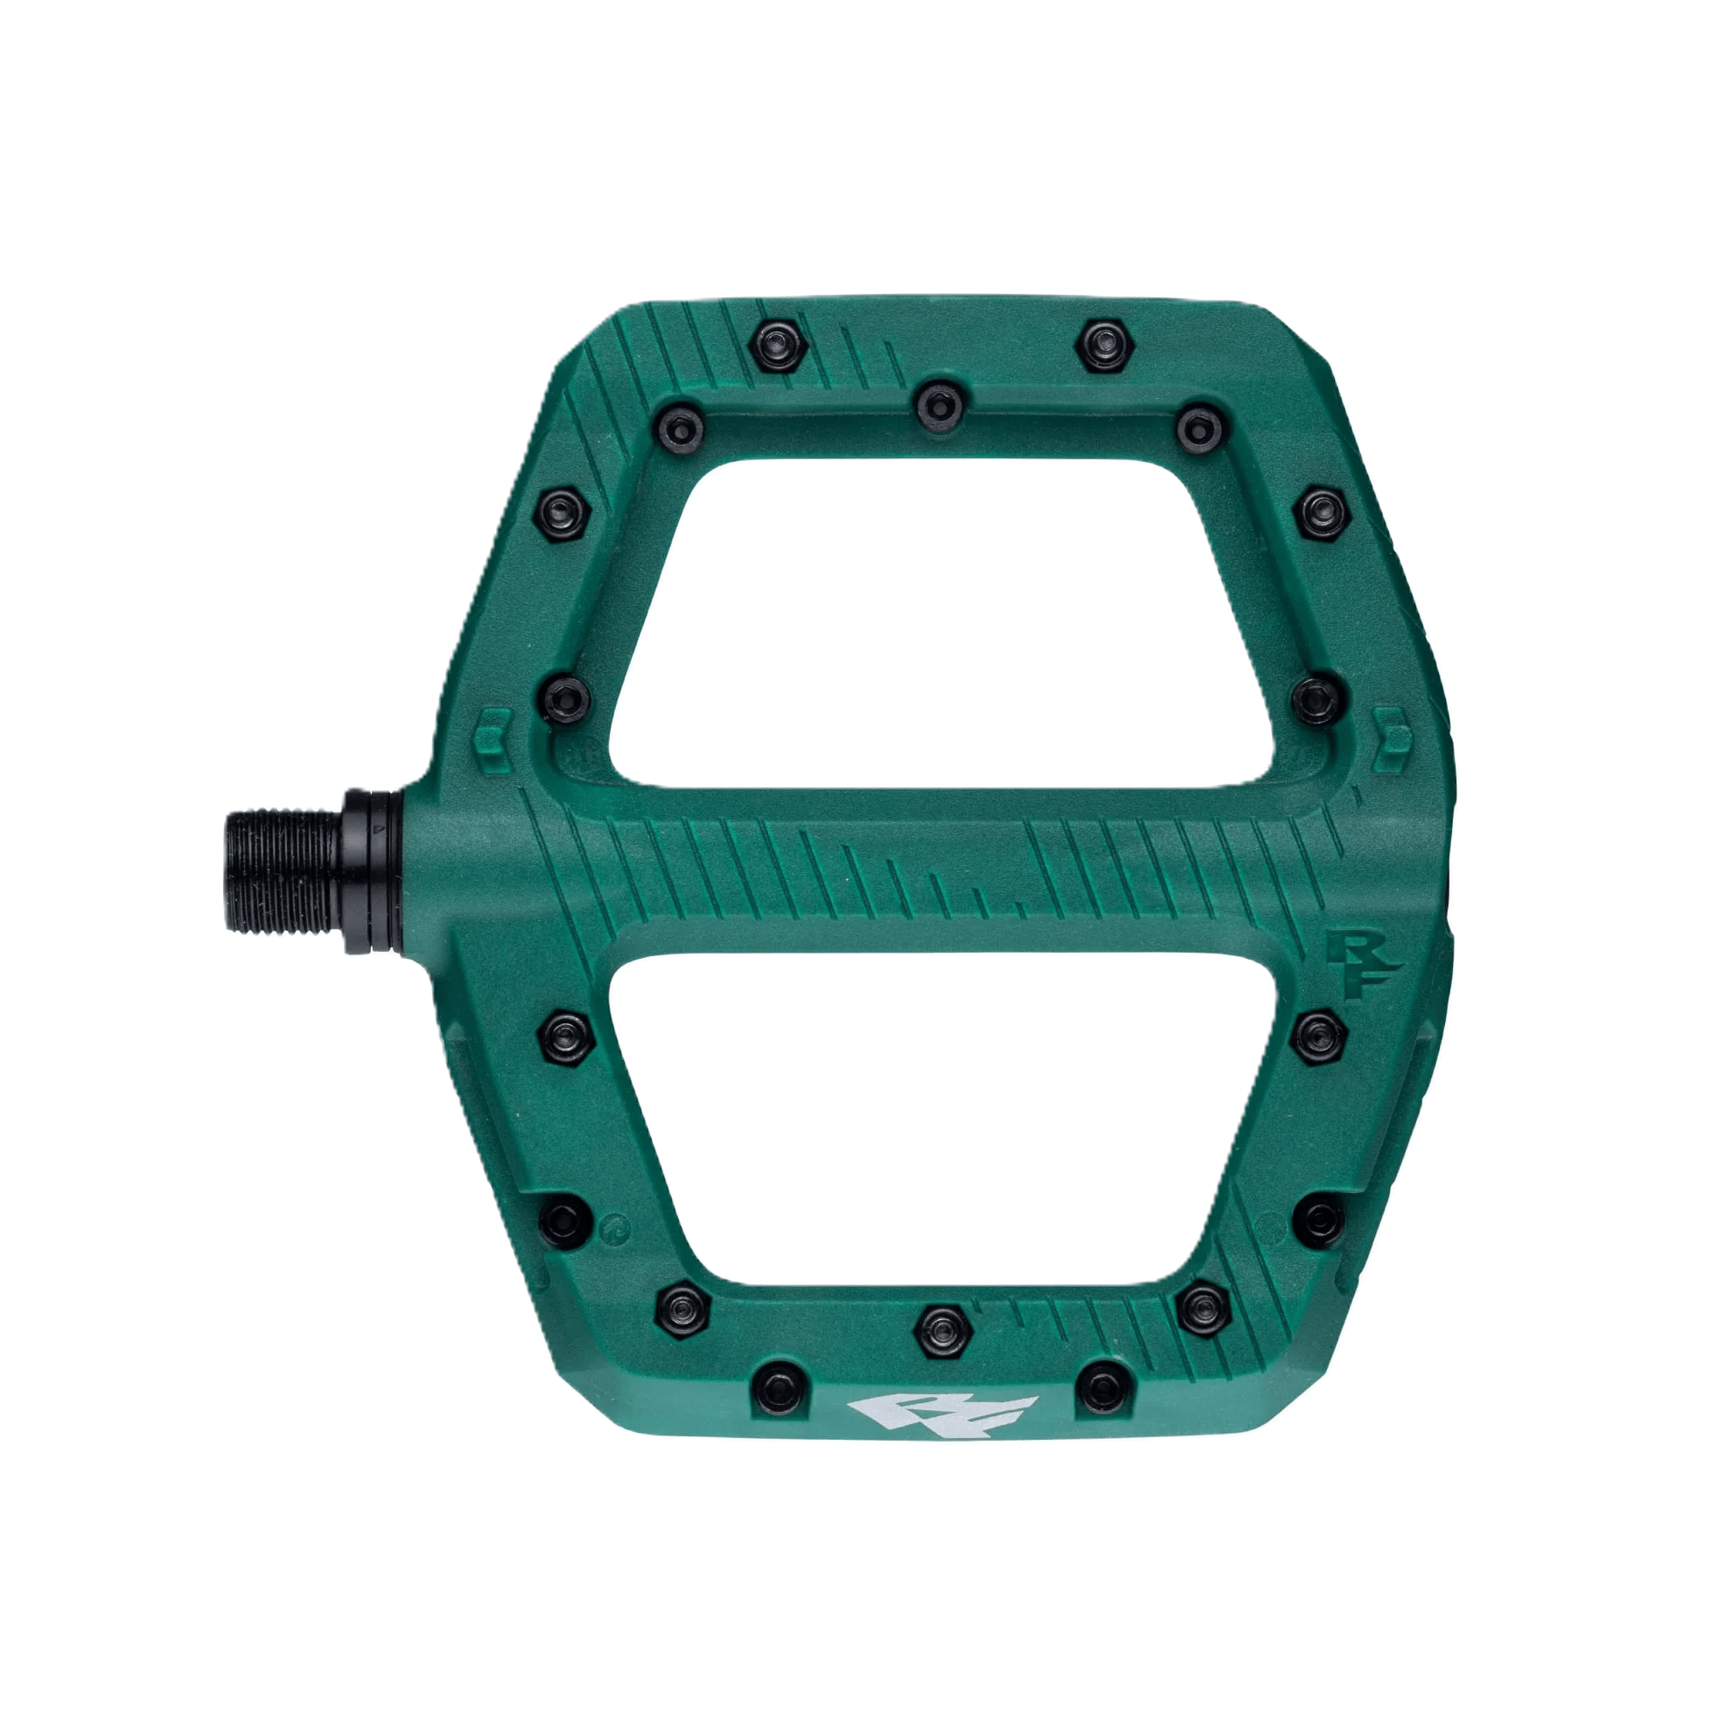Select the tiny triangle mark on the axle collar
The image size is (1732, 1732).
coord(381,830)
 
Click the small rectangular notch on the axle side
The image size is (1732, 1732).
coord(492,742)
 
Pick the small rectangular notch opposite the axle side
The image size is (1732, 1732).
coord(1393,743)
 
